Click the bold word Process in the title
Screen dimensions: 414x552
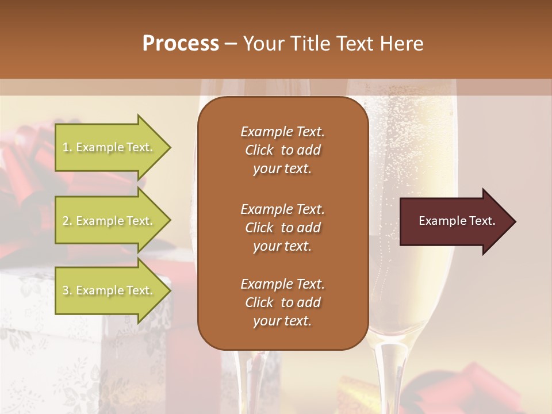[181, 44]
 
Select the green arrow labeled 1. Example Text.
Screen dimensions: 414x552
[109, 147]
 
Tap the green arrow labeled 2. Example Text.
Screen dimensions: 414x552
[109, 221]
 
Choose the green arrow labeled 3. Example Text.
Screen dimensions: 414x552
[109, 290]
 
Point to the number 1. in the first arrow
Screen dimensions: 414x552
[67, 148]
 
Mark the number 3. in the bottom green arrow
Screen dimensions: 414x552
[67, 291]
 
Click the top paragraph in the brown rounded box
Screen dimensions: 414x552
[282, 150]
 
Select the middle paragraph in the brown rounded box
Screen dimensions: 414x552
[282, 228]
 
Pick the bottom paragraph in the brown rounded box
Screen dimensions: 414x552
[282, 302]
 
